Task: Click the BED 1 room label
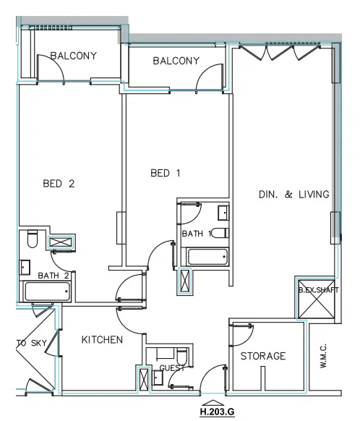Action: tap(165, 173)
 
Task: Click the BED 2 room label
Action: tap(58, 183)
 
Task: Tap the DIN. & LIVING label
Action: tap(294, 194)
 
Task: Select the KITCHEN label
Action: tap(101, 339)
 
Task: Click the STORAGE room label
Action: tap(263, 356)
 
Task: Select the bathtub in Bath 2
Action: tap(47, 292)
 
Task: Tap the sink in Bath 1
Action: tap(223, 213)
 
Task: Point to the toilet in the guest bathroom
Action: tap(182, 358)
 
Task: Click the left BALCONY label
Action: tap(72, 56)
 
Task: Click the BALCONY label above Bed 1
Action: tap(176, 61)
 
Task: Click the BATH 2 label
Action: tap(53, 276)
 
